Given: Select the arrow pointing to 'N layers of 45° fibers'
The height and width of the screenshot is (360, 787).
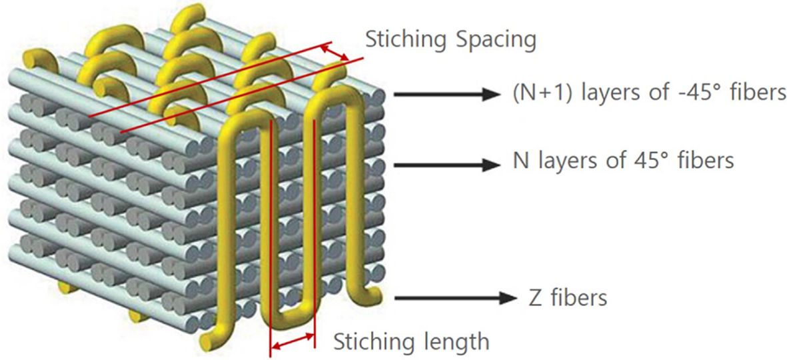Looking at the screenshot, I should tap(442, 162).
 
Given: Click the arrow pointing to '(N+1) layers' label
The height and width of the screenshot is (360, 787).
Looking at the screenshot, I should tap(442, 95).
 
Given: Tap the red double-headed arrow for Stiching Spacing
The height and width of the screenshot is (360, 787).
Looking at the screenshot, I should tap(335, 53).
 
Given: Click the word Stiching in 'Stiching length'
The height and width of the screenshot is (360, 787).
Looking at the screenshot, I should tap(373, 342).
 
